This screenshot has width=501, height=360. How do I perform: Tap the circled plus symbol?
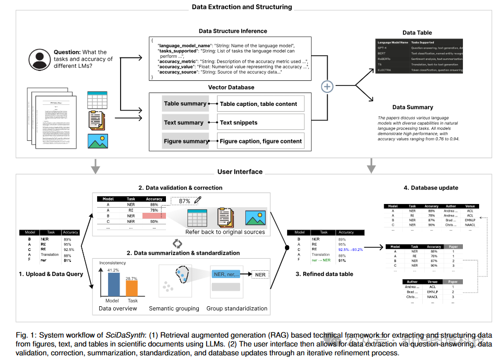pyautogui.click(x=327, y=87)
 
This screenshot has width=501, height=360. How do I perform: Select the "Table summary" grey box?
pyautogui.click(x=185, y=103)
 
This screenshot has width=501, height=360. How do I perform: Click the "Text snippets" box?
pyautogui.click(x=260, y=123)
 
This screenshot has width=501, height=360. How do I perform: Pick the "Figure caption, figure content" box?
pyautogui.click(x=260, y=141)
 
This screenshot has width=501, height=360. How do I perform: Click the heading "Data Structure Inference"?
pyautogui.click(x=233, y=31)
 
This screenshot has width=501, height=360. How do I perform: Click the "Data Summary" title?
pyautogui.click(x=412, y=107)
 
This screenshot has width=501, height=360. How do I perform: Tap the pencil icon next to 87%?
pyautogui.click(x=197, y=200)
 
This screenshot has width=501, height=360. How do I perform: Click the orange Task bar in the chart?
pyautogui.click(x=133, y=289)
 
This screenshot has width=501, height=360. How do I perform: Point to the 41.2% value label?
pyautogui.click(x=112, y=270)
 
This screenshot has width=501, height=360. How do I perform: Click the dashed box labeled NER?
pyautogui.click(x=260, y=274)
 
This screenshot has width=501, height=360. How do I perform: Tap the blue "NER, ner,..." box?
pyautogui.click(x=226, y=274)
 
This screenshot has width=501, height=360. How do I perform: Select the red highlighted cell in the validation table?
pyautogui.click(x=153, y=215)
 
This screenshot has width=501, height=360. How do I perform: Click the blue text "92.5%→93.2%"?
pyautogui.click(x=350, y=249)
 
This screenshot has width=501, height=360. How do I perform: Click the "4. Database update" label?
pyautogui.click(x=431, y=188)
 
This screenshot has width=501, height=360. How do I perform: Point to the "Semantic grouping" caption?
pyautogui.click(x=174, y=308)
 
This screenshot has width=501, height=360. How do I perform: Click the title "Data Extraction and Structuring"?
pyautogui.click(x=242, y=7)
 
